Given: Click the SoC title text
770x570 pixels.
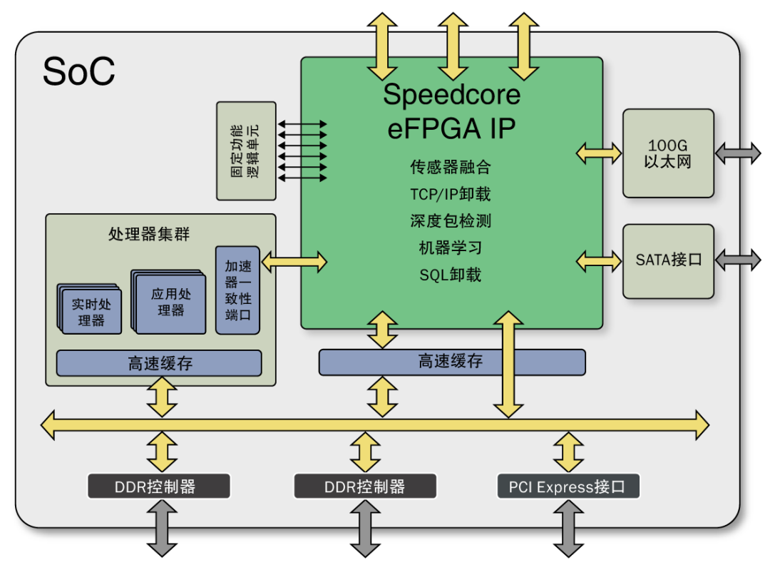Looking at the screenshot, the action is [78, 71].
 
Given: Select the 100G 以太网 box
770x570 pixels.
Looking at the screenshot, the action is [668, 153].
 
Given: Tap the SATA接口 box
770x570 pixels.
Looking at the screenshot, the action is [668, 261].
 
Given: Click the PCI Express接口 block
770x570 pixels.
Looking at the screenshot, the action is [568, 487].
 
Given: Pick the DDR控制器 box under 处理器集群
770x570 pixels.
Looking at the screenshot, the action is [158, 487].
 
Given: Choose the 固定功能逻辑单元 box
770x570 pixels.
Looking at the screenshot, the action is [246, 151].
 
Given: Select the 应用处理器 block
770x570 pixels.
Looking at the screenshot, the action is [169, 302].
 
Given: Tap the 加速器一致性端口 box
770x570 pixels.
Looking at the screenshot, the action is [237, 290].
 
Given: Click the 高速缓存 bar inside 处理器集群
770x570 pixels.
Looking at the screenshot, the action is [159, 363].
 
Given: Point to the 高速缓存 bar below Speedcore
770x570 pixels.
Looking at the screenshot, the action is [452, 362].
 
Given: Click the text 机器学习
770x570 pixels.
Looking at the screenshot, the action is [451, 248].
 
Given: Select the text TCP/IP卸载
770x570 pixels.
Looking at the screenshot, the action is [451, 194].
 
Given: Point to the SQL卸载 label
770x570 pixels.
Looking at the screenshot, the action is [451, 275].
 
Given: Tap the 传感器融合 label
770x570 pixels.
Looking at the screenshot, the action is [451, 167].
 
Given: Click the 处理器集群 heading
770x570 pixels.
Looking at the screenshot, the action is [149, 234].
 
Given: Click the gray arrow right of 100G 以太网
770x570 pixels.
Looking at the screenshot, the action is [738, 153].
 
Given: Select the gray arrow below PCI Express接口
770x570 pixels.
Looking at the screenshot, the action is [568, 529].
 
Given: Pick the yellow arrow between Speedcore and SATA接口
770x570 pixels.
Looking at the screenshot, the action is [599, 261].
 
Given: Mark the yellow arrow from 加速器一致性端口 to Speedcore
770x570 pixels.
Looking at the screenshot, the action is [294, 262].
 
